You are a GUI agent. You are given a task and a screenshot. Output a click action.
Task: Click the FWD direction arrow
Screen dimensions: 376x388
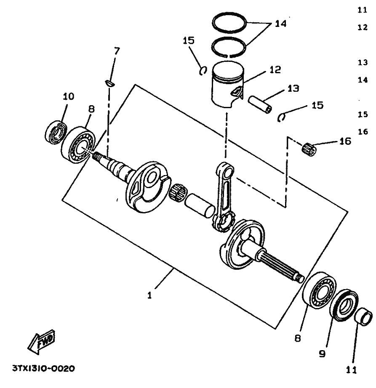coord(41,342)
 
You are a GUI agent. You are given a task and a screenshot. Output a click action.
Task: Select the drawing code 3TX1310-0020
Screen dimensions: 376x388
coord(43,369)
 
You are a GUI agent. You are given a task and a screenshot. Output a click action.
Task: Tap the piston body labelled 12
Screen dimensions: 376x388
coord(227,85)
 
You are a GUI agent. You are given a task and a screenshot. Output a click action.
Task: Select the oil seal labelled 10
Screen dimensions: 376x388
coord(56,133)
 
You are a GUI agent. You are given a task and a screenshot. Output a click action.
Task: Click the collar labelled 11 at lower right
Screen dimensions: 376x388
coord(363,317)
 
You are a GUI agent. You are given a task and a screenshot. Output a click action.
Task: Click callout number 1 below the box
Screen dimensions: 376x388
coord(149,295)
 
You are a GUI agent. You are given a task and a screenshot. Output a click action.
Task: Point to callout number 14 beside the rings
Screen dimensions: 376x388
coord(281,24)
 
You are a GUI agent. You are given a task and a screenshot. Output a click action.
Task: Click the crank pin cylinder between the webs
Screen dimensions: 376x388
coord(200,205)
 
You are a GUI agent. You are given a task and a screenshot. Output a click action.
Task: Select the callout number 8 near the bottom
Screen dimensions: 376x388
coord(298,338)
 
